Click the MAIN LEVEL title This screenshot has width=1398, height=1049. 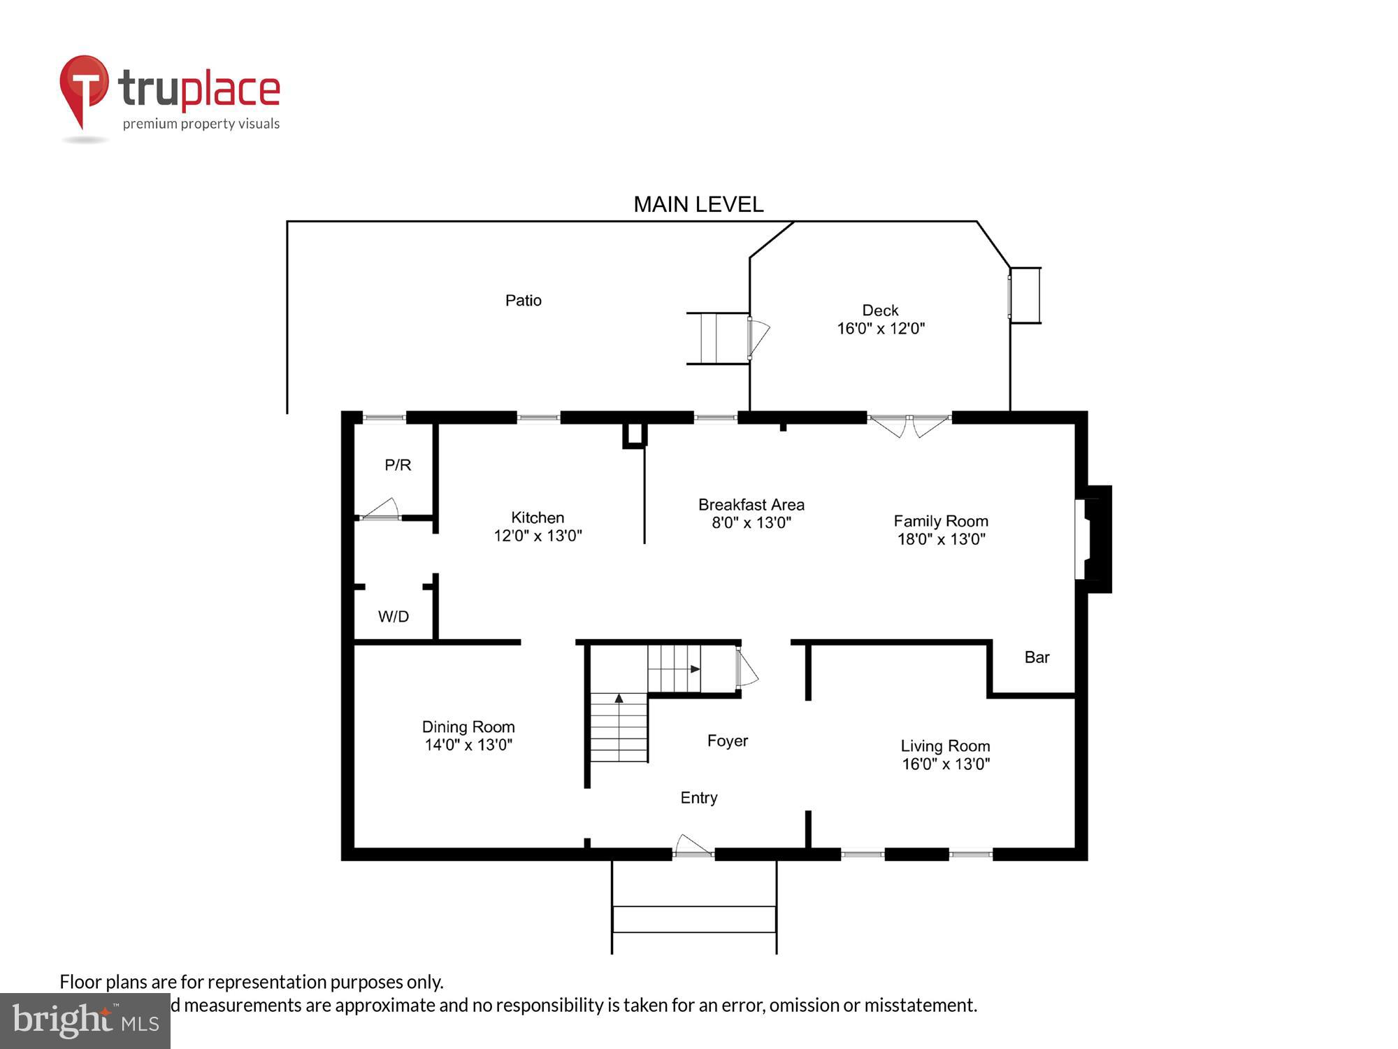[x=698, y=204]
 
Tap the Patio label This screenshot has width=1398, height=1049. [x=524, y=300]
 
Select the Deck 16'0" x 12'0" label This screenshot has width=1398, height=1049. [x=881, y=319]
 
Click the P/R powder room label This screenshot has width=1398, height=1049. [x=398, y=464]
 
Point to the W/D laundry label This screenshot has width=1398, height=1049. [x=394, y=616]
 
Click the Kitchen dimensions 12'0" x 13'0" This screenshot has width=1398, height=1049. [x=538, y=536]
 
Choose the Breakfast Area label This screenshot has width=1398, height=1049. [x=751, y=504]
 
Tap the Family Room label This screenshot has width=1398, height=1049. [x=941, y=521]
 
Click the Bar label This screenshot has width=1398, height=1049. [x=1037, y=657]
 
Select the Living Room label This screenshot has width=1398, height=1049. [x=945, y=746]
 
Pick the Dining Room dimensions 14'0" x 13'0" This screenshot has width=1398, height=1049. [x=468, y=745]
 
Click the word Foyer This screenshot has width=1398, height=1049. [x=728, y=741]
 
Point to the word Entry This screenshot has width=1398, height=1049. [x=699, y=797]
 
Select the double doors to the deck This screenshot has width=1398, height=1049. [x=909, y=424]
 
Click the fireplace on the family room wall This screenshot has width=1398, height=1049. [x=1092, y=539]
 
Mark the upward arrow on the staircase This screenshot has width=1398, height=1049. [x=619, y=698]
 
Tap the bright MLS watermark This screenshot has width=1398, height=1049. [x=85, y=1021]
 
